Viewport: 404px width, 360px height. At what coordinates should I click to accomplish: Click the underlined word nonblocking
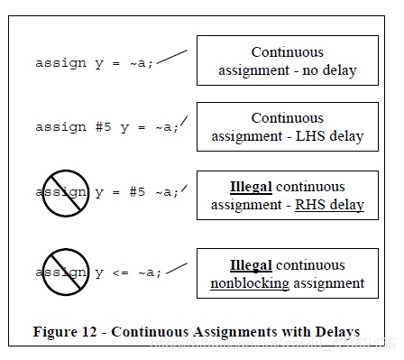[250, 283]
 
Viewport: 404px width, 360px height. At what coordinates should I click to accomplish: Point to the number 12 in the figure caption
[89, 332]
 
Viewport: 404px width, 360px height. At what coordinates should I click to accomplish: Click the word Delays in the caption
[337, 332]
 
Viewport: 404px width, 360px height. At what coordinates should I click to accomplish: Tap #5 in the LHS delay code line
[103, 127]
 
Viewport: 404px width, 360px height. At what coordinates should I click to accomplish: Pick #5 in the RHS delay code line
[137, 191]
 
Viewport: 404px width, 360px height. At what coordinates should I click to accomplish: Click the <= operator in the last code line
[120, 272]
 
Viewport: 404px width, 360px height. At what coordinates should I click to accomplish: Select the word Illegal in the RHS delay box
[251, 187]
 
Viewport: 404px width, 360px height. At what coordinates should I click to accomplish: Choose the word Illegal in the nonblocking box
[251, 265]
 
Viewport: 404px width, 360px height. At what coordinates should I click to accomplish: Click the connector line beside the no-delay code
[172, 57]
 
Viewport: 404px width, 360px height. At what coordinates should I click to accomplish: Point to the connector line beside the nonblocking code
[177, 269]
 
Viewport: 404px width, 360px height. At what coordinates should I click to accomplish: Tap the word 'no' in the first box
[310, 71]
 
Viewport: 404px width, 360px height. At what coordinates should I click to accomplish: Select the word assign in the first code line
[61, 63]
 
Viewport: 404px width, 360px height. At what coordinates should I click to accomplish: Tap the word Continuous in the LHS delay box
[288, 118]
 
